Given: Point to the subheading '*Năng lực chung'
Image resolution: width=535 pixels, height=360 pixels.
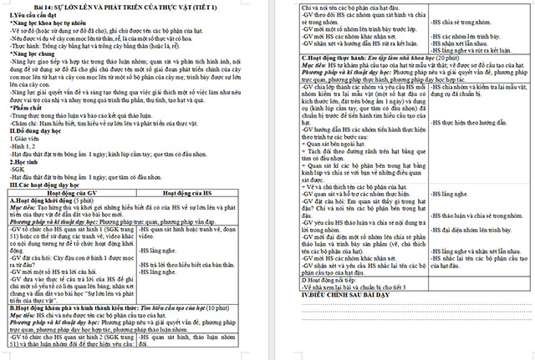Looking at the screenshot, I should pyautogui.click(x=33, y=53).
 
